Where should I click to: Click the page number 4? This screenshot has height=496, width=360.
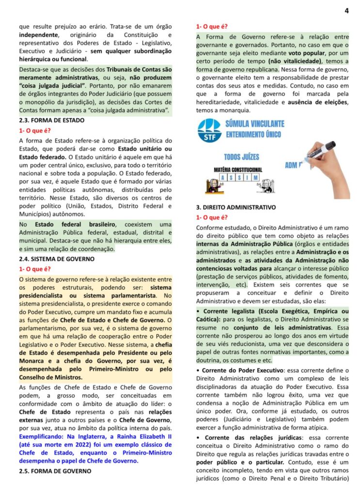(346, 10)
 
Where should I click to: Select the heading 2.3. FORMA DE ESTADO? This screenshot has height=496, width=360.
(52, 120)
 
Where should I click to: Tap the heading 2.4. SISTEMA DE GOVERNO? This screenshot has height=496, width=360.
(56, 259)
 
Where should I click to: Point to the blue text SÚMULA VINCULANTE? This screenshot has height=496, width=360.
(255, 124)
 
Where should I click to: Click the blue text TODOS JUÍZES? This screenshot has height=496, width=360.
(241, 157)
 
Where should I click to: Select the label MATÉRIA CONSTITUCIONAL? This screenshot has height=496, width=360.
(238, 170)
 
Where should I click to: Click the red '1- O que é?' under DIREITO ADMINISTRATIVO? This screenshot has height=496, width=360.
(212, 217)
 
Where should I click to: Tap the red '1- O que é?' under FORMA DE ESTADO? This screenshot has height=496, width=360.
(35, 130)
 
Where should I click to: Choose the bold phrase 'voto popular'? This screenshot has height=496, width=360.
(307, 53)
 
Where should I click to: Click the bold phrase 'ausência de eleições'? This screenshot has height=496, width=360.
(318, 103)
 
